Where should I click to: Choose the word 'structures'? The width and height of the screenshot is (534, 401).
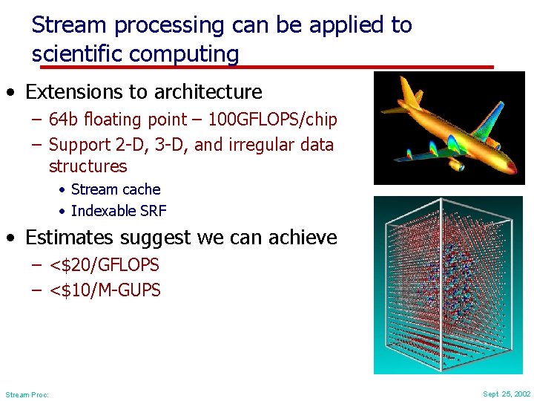[x=88, y=166]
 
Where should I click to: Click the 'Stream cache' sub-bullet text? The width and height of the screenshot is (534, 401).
[x=116, y=190]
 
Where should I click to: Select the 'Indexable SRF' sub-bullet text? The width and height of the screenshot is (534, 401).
[x=119, y=211]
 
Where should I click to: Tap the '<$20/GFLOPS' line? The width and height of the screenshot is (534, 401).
[x=104, y=265]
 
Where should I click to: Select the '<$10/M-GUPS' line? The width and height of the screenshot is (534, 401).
[x=105, y=290]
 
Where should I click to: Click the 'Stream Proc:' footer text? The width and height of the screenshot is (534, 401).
[x=27, y=395]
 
